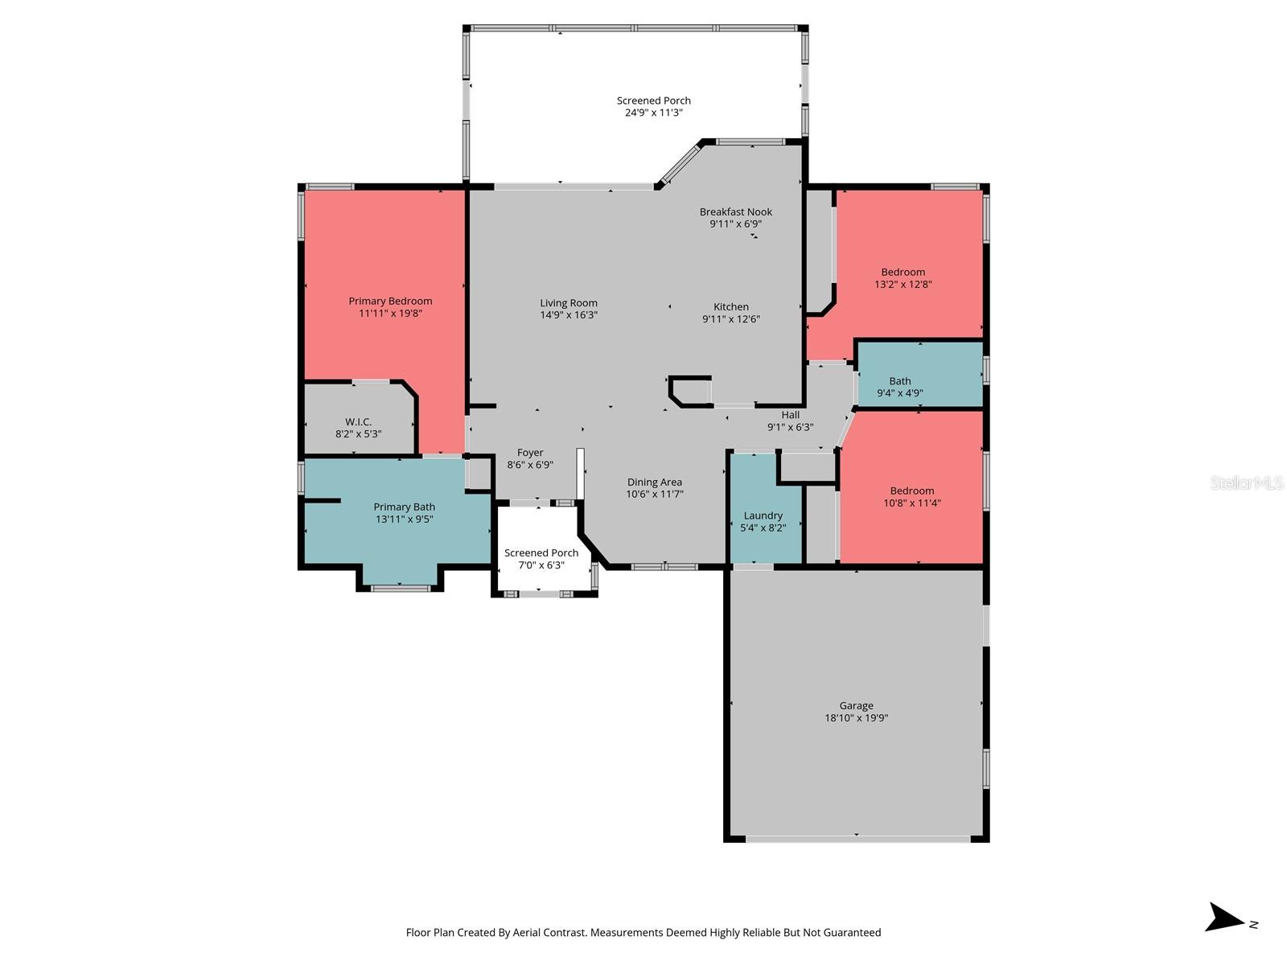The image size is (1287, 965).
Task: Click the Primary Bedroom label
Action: click(x=390, y=302)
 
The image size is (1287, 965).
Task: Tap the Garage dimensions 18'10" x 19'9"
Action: click(x=856, y=718)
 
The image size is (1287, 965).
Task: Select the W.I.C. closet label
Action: click(x=358, y=422)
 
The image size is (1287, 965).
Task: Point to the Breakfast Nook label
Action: click(x=735, y=212)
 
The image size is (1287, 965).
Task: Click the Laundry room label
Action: click(x=763, y=516)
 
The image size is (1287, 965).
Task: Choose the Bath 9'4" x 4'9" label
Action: click(x=899, y=387)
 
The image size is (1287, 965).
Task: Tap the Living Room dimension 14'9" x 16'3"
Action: click(x=569, y=315)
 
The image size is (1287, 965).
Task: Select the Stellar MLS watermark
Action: click(x=1246, y=482)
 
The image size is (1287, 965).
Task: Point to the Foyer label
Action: click(x=530, y=453)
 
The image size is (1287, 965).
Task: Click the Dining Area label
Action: click(x=654, y=482)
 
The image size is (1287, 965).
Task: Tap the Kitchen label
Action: click(x=730, y=307)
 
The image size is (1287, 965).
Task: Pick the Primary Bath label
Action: click(x=404, y=507)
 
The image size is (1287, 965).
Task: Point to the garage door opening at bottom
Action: click(x=857, y=839)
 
